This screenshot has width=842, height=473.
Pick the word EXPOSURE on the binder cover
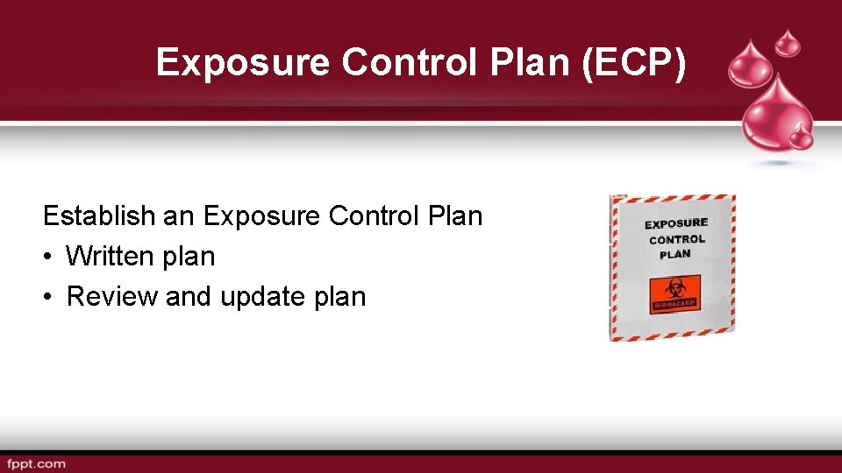coord(676,224)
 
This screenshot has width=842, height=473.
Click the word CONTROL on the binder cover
coord(676,239)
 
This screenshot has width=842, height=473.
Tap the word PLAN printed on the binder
coord(675,254)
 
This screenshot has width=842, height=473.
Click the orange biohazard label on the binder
coord(674,293)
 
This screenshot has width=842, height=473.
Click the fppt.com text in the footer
coord(36,463)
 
